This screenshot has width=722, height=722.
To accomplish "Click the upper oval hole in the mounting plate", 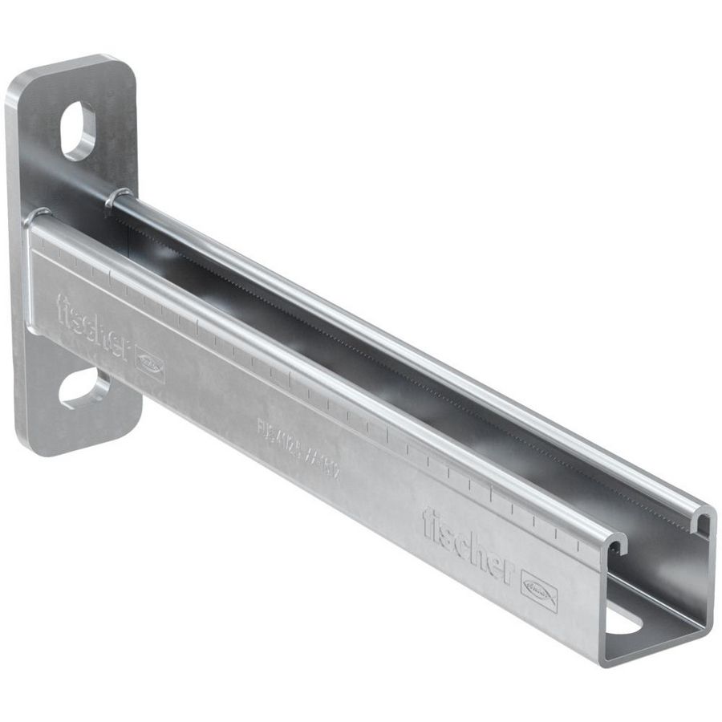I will pos(78,131).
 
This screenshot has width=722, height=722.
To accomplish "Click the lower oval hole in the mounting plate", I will pos(83,388).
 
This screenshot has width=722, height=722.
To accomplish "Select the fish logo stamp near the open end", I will pos(539,590).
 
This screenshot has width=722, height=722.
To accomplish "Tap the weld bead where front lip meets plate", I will pos(37,217).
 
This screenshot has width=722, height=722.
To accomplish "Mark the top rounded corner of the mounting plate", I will pos(112,60).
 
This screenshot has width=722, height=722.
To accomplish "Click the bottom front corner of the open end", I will pos(603,661).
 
